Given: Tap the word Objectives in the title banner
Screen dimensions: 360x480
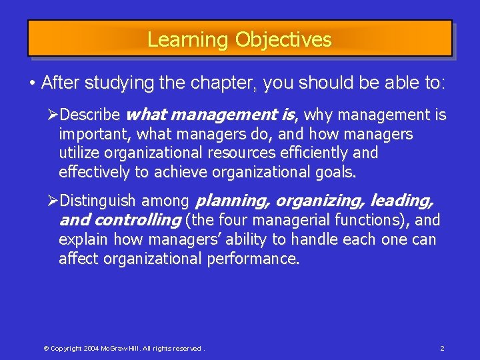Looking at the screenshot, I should (283, 40).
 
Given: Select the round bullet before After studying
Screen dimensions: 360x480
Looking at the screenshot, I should (32, 83).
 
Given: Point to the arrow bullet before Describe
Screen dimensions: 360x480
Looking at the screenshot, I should (64, 115).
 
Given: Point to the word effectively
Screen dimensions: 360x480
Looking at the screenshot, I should (95, 172).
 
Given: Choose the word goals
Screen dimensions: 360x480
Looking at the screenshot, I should (337, 172).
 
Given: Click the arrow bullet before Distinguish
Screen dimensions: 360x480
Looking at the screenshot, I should (64, 201).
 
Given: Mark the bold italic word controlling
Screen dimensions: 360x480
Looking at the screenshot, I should (138, 220).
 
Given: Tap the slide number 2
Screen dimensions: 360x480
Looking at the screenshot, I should (442, 349).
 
